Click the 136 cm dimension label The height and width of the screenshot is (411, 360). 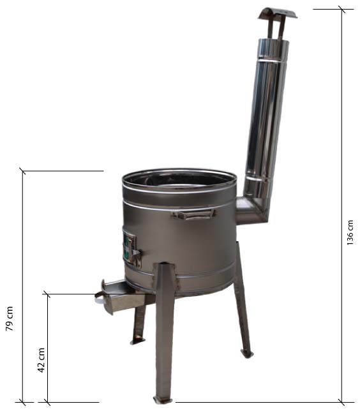350,232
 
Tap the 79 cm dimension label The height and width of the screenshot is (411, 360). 10,318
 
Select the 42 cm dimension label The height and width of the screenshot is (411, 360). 41,360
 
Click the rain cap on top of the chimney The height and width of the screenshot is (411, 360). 278,13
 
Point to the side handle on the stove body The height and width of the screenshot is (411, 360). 194,214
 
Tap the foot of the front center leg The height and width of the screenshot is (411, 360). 163,407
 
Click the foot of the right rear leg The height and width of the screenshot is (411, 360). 247,354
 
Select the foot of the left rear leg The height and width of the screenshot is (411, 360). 138,341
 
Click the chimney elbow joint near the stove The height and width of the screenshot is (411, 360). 253,210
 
